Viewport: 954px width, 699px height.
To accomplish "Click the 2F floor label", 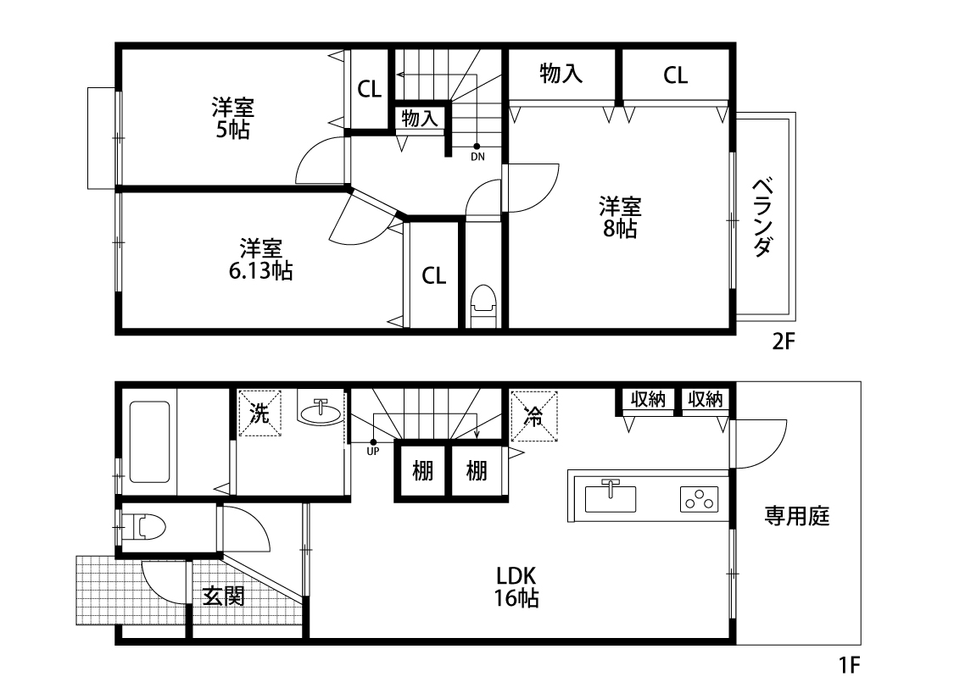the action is pos(784,341).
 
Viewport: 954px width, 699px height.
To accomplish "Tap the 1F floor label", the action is pos(850,665).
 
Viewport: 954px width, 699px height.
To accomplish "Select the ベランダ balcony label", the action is pos(763,217).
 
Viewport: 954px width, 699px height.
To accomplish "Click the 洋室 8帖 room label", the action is pos(620,217).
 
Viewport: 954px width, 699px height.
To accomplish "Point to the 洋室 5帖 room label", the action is pos(233,118).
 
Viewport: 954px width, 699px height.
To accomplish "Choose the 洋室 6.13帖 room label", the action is pos(260,259).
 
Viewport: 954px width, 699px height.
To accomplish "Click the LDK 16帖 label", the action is pos(516,586).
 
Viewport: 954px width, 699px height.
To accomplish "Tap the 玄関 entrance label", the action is pos(224,596).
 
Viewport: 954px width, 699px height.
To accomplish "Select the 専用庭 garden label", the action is pos(796,516).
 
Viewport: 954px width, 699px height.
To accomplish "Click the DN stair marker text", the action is pos(477,157).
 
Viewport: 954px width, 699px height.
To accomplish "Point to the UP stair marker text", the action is pos(373,452).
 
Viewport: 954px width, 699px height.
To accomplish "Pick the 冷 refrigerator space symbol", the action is pos(534,416).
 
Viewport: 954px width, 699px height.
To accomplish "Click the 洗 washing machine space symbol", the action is pos(259,413).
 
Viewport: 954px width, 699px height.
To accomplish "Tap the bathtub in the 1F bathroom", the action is pos(149,442).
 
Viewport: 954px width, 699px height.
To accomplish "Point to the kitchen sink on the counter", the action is pos(611,497).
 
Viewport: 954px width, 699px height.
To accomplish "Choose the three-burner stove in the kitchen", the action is pos(699,499).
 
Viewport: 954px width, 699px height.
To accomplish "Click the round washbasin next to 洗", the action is pos(320,413).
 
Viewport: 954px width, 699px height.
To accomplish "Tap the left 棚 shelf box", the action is pos(423,471).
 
